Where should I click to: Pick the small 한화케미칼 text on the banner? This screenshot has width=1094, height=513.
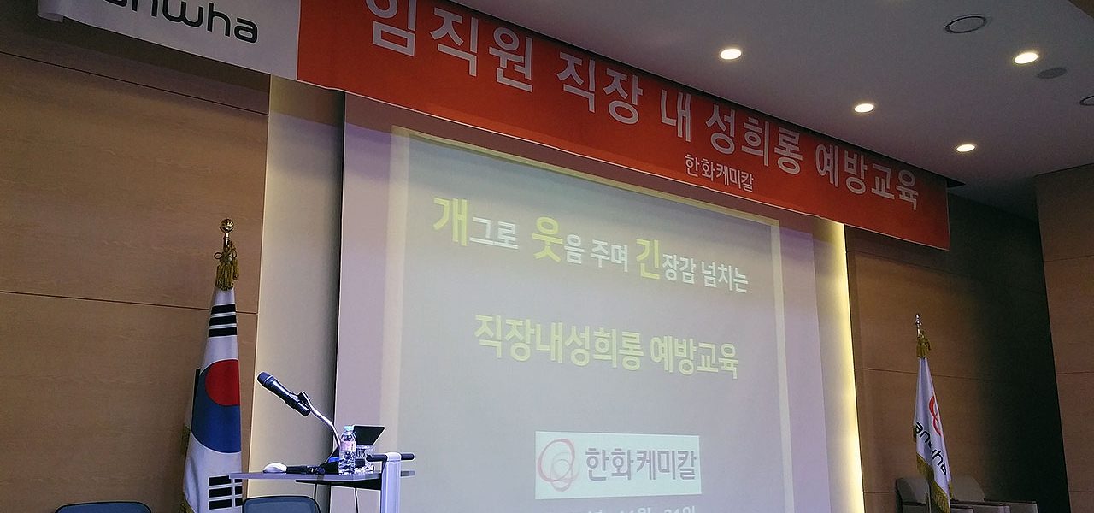[x=718, y=172]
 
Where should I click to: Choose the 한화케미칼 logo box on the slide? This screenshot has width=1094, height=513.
[x=617, y=464]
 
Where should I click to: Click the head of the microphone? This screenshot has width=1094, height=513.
[x=274, y=387]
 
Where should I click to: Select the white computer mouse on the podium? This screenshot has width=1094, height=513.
[x=274, y=468]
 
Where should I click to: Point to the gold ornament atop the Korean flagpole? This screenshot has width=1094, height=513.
[x=226, y=227]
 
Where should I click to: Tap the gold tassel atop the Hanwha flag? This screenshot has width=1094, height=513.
[x=923, y=345]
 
